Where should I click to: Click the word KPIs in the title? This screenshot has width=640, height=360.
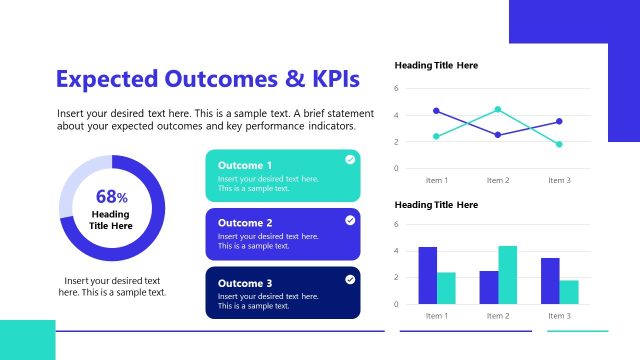click(330, 79)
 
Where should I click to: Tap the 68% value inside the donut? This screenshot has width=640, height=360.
click(111, 197)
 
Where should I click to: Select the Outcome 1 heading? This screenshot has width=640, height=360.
click(244, 166)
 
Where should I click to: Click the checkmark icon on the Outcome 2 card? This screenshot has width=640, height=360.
click(350, 220)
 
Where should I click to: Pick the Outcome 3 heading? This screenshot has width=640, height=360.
click(244, 283)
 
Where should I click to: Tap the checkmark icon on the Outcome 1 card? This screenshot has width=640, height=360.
click(350, 159)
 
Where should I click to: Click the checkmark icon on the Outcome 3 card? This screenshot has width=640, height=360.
click(350, 279)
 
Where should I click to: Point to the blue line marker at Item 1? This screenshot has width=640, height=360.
click(436, 111)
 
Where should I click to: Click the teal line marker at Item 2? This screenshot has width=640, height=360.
click(498, 109)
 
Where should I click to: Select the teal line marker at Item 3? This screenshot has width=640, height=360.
click(559, 144)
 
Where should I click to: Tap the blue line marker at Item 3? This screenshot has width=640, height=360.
click(559, 121)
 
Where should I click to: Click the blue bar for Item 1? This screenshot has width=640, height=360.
click(428, 275)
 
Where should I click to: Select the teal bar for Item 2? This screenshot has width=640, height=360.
click(507, 275)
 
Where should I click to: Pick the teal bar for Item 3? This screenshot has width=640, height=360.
click(569, 292)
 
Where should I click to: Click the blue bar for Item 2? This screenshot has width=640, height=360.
click(489, 287)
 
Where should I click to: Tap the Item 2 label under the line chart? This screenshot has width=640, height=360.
click(498, 180)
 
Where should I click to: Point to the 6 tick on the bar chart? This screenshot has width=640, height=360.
click(397, 225)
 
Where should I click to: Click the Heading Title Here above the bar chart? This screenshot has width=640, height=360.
click(436, 205)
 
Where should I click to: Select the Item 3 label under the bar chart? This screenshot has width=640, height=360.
click(559, 316)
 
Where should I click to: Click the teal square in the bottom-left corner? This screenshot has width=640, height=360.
click(27, 340)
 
